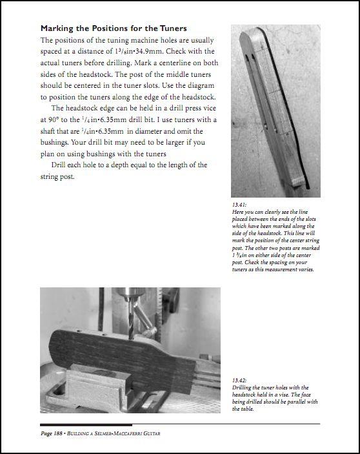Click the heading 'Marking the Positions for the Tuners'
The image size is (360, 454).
pyautogui.click(x=114, y=28)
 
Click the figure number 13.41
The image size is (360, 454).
pyautogui.click(x=239, y=205)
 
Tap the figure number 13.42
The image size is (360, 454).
pyautogui.click(x=239, y=380)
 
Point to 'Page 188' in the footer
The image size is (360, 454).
pyautogui.click(x=52, y=433)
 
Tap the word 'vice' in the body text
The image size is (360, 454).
pyautogui.click(x=210, y=108)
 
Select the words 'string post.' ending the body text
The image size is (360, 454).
pyautogui.click(x=57, y=176)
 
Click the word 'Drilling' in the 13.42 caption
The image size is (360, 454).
pyautogui.click(x=241, y=387)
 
